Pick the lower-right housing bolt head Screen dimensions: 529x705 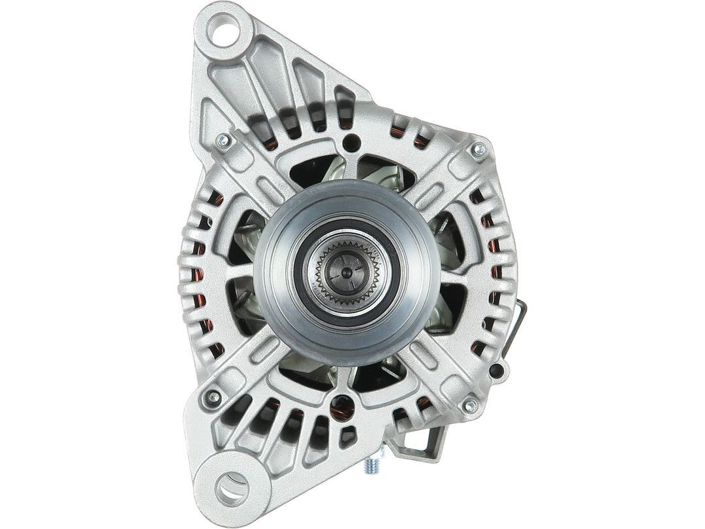point(467,405)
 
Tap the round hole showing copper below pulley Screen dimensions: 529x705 point(341,409)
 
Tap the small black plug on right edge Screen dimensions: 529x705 point(501,370)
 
